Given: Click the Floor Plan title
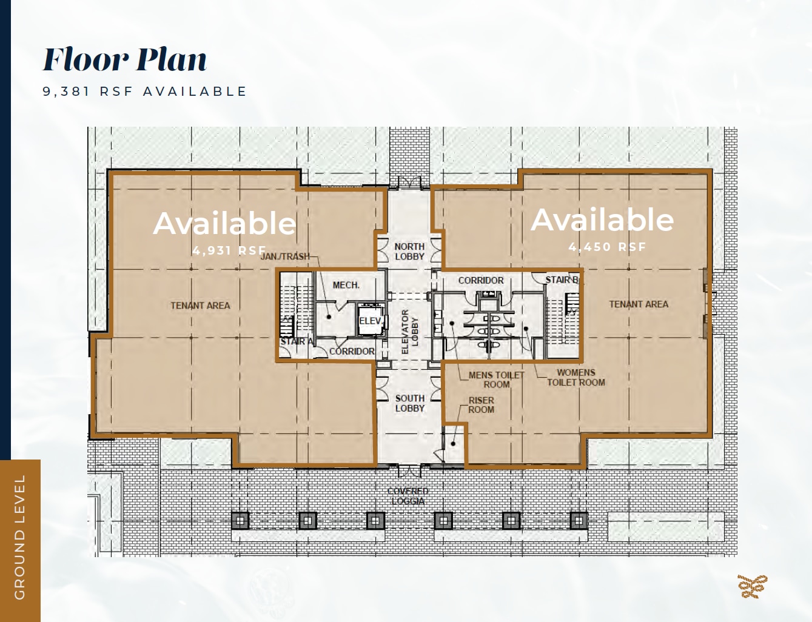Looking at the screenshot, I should pos(125,59).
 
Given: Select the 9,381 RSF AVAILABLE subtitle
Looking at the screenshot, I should pos(145,92).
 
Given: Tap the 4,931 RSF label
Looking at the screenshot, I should pos(229,250).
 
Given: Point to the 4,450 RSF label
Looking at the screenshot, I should pos(607,247).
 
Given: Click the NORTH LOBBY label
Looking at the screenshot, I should pos(409,251).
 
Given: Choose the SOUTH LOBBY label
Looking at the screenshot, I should pos(409,403).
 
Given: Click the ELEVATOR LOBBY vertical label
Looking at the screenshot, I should pos(411,332).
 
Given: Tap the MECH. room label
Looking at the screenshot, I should pos(346,285).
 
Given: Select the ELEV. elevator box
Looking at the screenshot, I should pos(371,321).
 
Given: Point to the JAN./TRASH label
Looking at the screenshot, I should pos(285,256).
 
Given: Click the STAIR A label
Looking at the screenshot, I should pos(296,342).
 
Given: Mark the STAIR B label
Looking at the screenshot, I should pos(562,280).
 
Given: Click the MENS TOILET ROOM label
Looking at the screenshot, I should pos(496,380).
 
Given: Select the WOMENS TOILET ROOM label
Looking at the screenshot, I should pos(575,377).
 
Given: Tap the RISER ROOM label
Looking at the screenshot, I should pos(481,405).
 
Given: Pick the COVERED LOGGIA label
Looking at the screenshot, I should pos(408,496).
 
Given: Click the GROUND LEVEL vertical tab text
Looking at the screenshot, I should pos(19,537).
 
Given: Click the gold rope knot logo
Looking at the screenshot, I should pos(752,586).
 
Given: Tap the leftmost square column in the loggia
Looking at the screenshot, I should pos(240,520).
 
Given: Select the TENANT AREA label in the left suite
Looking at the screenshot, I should pos(200,306).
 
